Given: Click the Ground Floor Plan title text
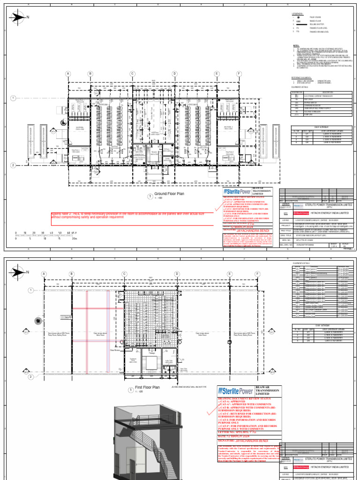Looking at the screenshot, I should (x=169, y=193).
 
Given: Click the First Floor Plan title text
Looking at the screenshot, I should (x=147, y=388).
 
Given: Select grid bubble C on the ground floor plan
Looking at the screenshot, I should (x=132, y=74).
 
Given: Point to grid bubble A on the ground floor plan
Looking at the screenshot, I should (x=67, y=74).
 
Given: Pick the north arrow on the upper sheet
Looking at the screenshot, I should (x=19, y=18).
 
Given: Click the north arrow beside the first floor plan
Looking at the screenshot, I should (x=19, y=270).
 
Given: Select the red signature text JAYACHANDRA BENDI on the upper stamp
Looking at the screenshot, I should (x=252, y=230).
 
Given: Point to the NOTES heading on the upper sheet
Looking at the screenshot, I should (x=296, y=46).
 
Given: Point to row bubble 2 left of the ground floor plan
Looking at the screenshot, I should (x=13, y=165).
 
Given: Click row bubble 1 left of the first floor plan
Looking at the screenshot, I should (x=30, y=291).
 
